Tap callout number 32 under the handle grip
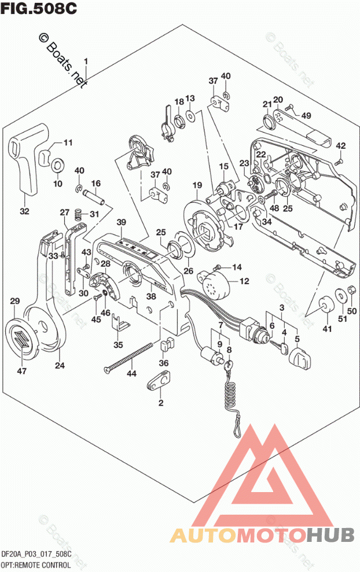(24, 212)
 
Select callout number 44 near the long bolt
(133, 375)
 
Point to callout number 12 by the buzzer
(244, 281)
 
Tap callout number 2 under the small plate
(161, 402)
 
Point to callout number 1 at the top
(86, 61)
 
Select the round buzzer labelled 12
(216, 283)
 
